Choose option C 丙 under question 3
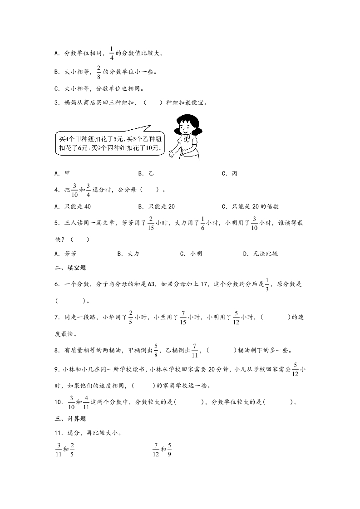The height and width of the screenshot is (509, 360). point(232,173)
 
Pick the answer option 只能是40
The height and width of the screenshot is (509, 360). point(75,206)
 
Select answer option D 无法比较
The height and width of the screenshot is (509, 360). point(262,254)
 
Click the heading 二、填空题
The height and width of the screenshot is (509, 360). point(70,268)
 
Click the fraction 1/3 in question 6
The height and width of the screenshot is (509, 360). point(267,284)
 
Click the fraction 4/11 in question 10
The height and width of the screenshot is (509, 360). point(86,401)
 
